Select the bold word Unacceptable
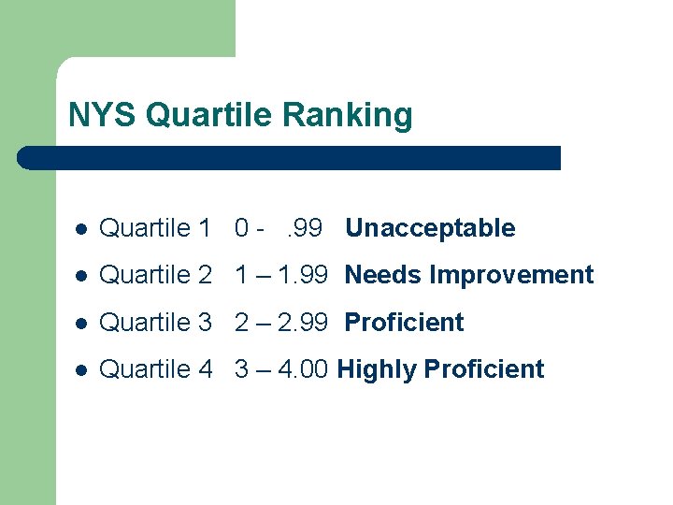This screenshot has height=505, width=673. (x=430, y=228)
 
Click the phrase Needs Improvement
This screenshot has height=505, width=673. (x=469, y=275)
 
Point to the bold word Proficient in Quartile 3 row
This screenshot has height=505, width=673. (x=404, y=323)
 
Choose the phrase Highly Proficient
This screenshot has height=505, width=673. (x=440, y=369)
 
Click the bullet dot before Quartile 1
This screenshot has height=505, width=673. (x=81, y=229)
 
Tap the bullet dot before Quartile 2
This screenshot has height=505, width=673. (x=81, y=276)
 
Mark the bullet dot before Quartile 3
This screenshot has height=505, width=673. (x=81, y=324)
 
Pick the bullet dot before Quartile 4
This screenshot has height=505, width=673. (x=81, y=370)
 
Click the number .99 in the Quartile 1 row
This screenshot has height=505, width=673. (x=304, y=228)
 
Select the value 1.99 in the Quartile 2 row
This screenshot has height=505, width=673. (x=304, y=275)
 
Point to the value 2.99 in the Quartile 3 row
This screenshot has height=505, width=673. (x=304, y=323)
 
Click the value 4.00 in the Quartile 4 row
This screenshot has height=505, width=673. (x=304, y=369)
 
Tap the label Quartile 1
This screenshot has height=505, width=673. (x=155, y=228)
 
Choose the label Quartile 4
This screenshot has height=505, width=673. (x=155, y=369)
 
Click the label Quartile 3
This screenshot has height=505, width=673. (x=155, y=323)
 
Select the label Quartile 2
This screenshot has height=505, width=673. (x=155, y=275)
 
